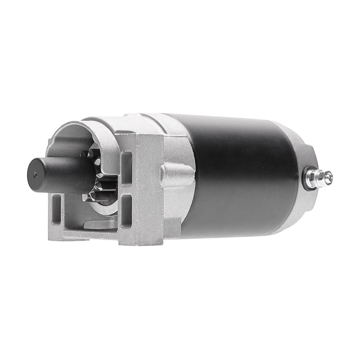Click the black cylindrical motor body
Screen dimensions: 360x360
tap(240, 174)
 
